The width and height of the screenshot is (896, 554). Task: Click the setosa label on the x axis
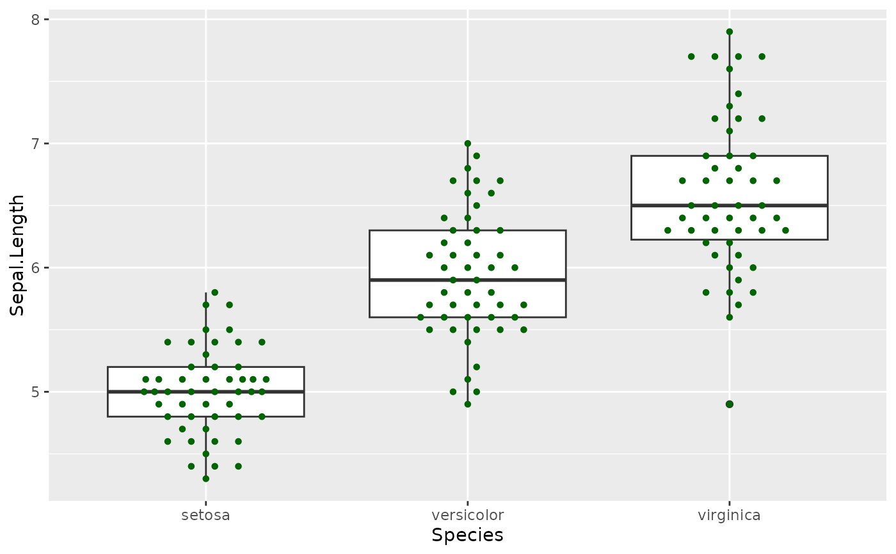(x=205, y=515)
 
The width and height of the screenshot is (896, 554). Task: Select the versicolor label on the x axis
(x=467, y=515)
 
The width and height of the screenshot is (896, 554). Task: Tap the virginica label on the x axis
(x=729, y=515)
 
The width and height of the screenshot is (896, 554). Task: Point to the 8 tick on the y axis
(x=36, y=19)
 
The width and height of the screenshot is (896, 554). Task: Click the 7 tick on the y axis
(x=36, y=143)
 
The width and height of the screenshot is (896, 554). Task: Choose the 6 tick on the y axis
(x=36, y=267)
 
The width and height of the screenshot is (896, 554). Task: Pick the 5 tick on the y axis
(x=36, y=392)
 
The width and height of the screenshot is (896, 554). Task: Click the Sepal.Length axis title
(x=18, y=255)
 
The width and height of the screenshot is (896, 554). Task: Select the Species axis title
(x=467, y=535)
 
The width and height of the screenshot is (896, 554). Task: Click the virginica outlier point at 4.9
(x=729, y=404)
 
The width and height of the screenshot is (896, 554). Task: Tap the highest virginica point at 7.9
(x=729, y=31)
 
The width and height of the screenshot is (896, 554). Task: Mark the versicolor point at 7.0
(x=467, y=143)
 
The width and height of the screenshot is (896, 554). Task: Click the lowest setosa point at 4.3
(x=205, y=479)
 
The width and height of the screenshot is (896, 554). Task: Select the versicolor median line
(x=410, y=280)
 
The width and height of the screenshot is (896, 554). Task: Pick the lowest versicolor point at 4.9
(x=467, y=404)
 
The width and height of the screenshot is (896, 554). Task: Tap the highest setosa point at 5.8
(x=214, y=292)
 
